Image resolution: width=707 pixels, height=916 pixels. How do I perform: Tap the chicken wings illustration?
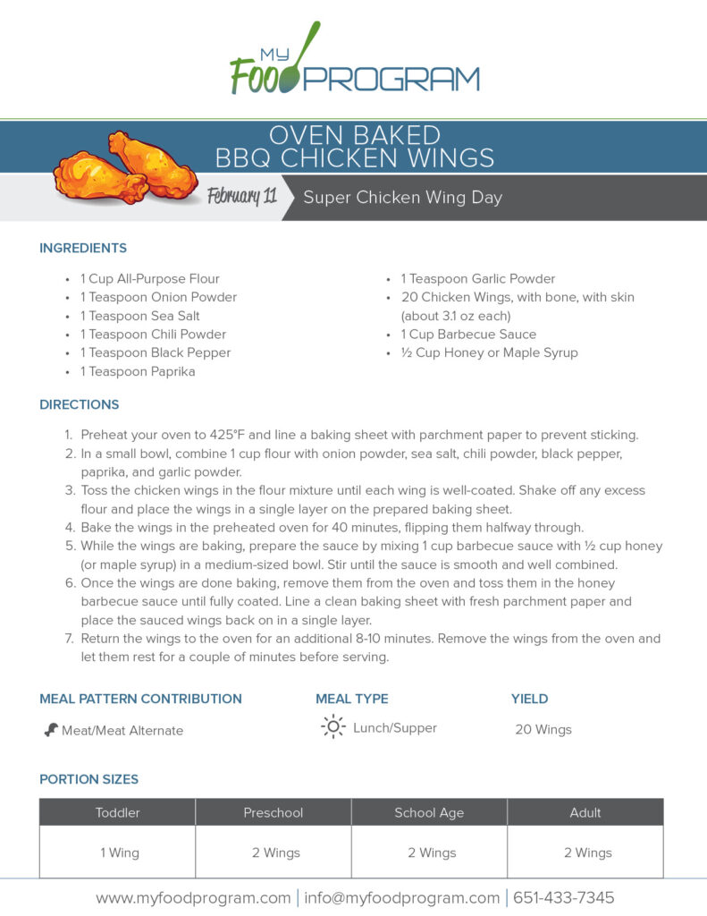tap(125, 166)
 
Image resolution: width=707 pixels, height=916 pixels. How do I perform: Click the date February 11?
tap(241, 197)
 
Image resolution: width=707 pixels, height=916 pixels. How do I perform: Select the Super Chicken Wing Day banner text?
tap(402, 198)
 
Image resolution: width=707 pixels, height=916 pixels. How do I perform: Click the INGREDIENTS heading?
tap(83, 248)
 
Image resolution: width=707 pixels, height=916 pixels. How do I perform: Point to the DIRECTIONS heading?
tap(79, 404)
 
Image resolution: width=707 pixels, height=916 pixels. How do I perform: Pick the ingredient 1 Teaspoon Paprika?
tap(138, 371)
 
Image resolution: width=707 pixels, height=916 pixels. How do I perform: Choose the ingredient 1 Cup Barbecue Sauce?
tap(468, 335)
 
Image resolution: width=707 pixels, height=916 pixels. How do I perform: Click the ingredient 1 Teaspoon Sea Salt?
tap(139, 316)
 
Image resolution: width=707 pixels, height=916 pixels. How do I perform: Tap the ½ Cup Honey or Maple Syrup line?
tap(489, 352)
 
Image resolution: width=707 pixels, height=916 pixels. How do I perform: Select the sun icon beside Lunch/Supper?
tap(332, 727)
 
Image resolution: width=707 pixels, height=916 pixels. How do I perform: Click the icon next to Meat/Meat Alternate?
tap(51, 730)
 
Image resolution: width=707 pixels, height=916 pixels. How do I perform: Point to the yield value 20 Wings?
tap(543, 730)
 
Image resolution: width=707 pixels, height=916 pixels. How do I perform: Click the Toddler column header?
tap(118, 813)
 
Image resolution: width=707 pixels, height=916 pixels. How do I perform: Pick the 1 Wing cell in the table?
tap(119, 852)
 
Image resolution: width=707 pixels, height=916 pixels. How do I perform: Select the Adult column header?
tap(585, 813)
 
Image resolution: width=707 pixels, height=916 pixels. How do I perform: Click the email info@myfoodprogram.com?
tap(401, 897)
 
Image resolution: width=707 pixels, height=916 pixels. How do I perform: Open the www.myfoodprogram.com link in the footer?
tap(192, 897)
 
